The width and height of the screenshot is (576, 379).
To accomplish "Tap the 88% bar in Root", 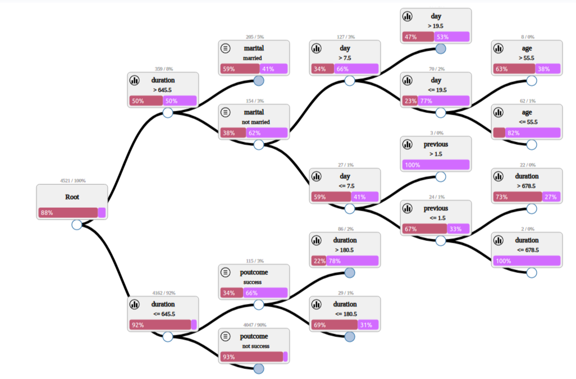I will [x=68, y=213].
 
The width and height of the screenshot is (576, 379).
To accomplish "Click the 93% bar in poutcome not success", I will [x=252, y=357].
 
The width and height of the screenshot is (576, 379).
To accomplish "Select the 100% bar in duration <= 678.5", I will [x=527, y=261].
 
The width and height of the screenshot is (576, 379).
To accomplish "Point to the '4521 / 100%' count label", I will [x=72, y=181].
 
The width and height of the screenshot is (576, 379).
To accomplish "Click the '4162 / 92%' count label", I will [x=163, y=293].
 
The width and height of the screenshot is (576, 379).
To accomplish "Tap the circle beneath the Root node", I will [x=77, y=225].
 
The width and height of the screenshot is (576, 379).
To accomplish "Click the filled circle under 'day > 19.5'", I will [x=441, y=49].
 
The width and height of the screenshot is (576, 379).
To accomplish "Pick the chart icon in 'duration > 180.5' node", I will [x=316, y=240].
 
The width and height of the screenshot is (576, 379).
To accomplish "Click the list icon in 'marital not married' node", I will [x=226, y=112].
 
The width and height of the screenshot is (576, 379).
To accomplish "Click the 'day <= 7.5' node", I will [x=345, y=185].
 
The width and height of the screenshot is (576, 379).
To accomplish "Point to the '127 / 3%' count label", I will [x=345, y=37].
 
